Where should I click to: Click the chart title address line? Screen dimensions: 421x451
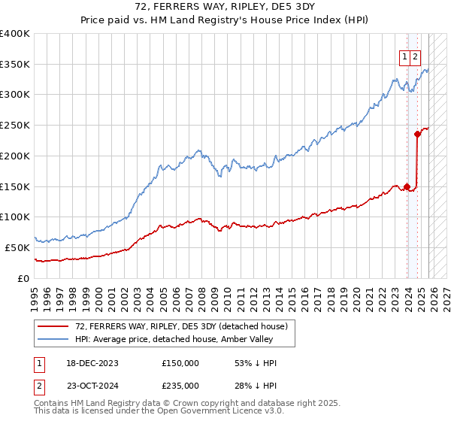click(x=225, y=7)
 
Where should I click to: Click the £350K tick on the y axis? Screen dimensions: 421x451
click(x=16, y=65)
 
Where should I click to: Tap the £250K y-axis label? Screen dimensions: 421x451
click(x=16, y=126)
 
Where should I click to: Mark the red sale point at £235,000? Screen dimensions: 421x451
click(x=418, y=135)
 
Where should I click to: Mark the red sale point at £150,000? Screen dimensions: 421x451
click(x=407, y=186)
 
